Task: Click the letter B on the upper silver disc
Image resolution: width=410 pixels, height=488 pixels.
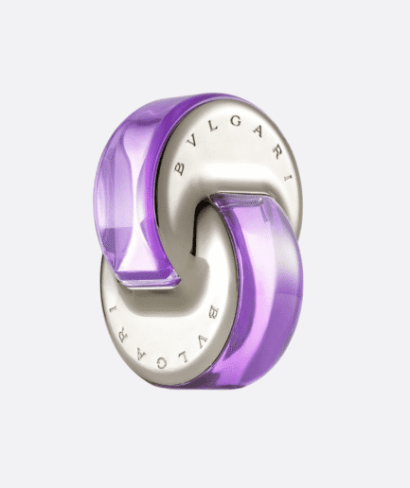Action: pos(178,167)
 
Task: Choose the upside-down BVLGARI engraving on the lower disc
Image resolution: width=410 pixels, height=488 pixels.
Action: pos(176,341)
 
